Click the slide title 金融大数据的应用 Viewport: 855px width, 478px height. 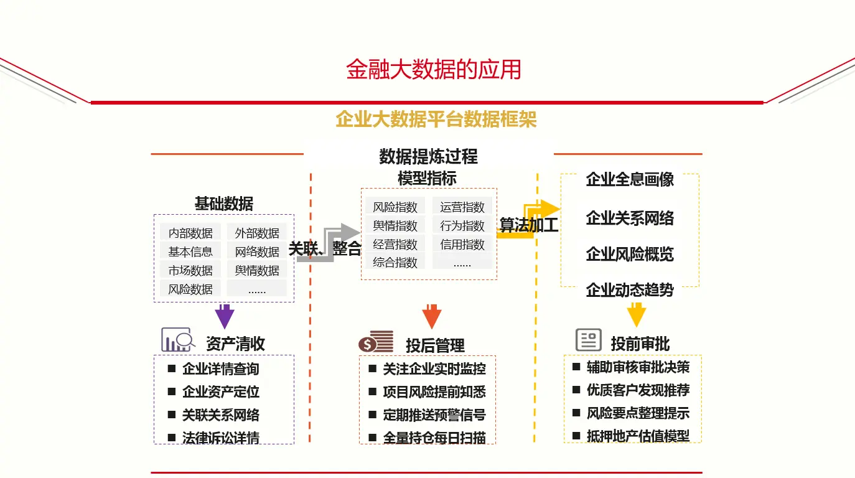click(x=433, y=70)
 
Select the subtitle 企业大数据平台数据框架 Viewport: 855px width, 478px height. click(x=436, y=119)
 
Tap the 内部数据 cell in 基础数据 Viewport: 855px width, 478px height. click(x=190, y=233)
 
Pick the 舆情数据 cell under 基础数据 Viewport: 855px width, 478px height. click(x=257, y=270)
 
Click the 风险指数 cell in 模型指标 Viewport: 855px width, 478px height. click(x=395, y=207)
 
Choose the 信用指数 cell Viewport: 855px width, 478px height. click(x=462, y=244)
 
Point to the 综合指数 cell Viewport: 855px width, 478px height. click(x=395, y=262)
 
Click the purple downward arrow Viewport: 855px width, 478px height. click(x=224, y=316)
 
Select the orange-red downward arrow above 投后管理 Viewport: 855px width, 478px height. click(x=431, y=316)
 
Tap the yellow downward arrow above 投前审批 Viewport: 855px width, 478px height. click(x=636, y=314)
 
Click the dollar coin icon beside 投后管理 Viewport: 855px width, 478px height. click(x=376, y=342)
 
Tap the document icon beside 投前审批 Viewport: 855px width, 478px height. click(x=588, y=340)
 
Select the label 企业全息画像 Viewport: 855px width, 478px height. click(x=630, y=180)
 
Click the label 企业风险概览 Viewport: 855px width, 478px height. click(x=630, y=254)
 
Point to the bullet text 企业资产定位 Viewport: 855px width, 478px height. click(x=220, y=392)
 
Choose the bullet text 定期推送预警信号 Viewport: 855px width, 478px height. click(x=434, y=415)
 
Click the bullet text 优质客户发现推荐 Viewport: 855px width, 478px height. click(x=638, y=390)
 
